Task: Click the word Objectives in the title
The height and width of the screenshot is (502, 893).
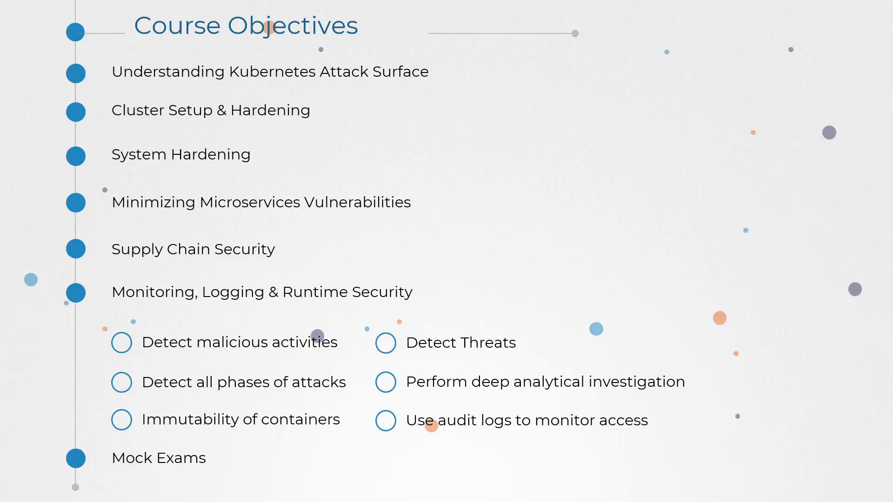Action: point(293,26)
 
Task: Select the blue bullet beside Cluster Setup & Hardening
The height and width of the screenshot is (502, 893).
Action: point(76,112)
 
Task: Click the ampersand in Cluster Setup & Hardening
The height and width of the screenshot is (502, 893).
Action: point(221,111)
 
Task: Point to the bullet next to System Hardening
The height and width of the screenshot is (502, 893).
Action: point(76,156)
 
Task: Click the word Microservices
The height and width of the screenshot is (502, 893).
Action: point(250,202)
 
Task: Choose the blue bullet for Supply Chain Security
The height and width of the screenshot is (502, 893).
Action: point(76,249)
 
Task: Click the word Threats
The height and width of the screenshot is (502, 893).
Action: point(487,343)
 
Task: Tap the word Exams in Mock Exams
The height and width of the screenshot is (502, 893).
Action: point(181,458)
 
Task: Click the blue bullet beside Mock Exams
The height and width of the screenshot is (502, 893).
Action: point(76,458)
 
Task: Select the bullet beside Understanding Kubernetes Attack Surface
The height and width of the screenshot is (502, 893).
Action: point(76,73)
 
